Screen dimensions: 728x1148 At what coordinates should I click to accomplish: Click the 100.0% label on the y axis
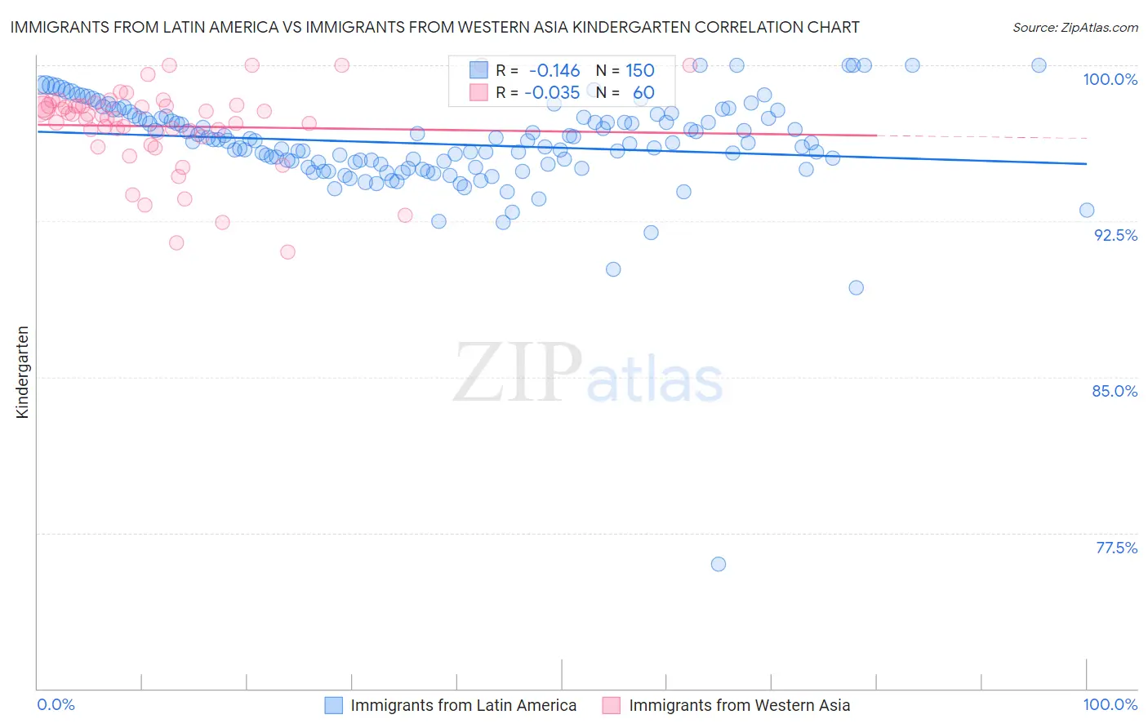[1110, 79]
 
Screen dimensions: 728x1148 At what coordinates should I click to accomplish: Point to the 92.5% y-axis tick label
[1115, 235]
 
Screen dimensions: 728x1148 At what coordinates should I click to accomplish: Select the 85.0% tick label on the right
[1115, 391]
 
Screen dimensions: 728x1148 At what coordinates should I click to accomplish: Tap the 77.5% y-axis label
[1116, 548]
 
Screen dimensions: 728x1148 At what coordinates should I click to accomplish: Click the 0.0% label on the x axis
[56, 704]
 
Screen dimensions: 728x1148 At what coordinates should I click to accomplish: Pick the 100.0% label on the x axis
[1110, 704]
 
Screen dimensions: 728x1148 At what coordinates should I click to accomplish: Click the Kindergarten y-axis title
[22, 372]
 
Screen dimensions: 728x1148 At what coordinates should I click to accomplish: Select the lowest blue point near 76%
[719, 564]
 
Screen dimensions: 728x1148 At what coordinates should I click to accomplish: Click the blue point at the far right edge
[1087, 210]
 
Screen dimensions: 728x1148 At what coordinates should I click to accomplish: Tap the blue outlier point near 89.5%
[856, 287]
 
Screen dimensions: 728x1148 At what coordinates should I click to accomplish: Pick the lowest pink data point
[287, 252]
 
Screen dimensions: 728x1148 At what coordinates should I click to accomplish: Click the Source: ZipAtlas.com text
[1075, 28]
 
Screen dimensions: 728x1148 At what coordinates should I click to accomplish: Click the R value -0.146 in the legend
[554, 70]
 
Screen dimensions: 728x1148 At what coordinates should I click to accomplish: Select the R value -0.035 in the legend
[552, 92]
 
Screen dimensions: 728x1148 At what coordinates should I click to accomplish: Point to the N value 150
[640, 70]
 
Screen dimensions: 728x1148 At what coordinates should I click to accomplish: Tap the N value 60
[643, 92]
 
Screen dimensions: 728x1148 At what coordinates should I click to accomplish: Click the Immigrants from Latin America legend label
[463, 705]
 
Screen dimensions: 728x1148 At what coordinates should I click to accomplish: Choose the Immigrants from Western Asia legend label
[739, 705]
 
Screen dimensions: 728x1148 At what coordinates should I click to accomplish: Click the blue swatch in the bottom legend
[333, 705]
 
